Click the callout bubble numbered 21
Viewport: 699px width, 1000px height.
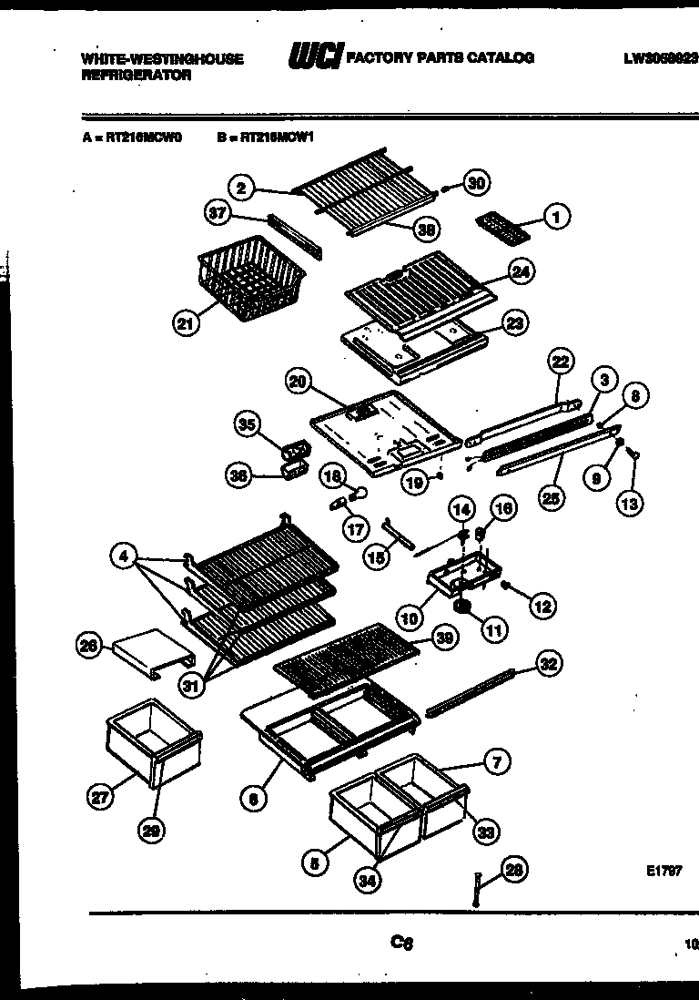point(186,323)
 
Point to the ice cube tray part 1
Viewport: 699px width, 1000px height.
point(497,224)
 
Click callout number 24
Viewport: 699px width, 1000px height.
point(522,271)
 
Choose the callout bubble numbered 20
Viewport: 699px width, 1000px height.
point(297,383)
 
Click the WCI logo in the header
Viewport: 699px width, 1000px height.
point(314,57)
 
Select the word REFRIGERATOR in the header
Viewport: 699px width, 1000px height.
point(136,77)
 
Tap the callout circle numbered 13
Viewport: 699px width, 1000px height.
point(630,501)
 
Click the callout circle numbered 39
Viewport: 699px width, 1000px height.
point(444,640)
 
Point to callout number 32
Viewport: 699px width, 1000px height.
point(548,664)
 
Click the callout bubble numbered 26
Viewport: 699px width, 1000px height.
point(88,646)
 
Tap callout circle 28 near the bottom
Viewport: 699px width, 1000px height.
point(514,872)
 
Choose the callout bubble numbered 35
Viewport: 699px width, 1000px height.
point(247,424)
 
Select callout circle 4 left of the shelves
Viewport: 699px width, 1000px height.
point(125,555)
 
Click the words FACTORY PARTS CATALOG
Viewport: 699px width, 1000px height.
point(441,57)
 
